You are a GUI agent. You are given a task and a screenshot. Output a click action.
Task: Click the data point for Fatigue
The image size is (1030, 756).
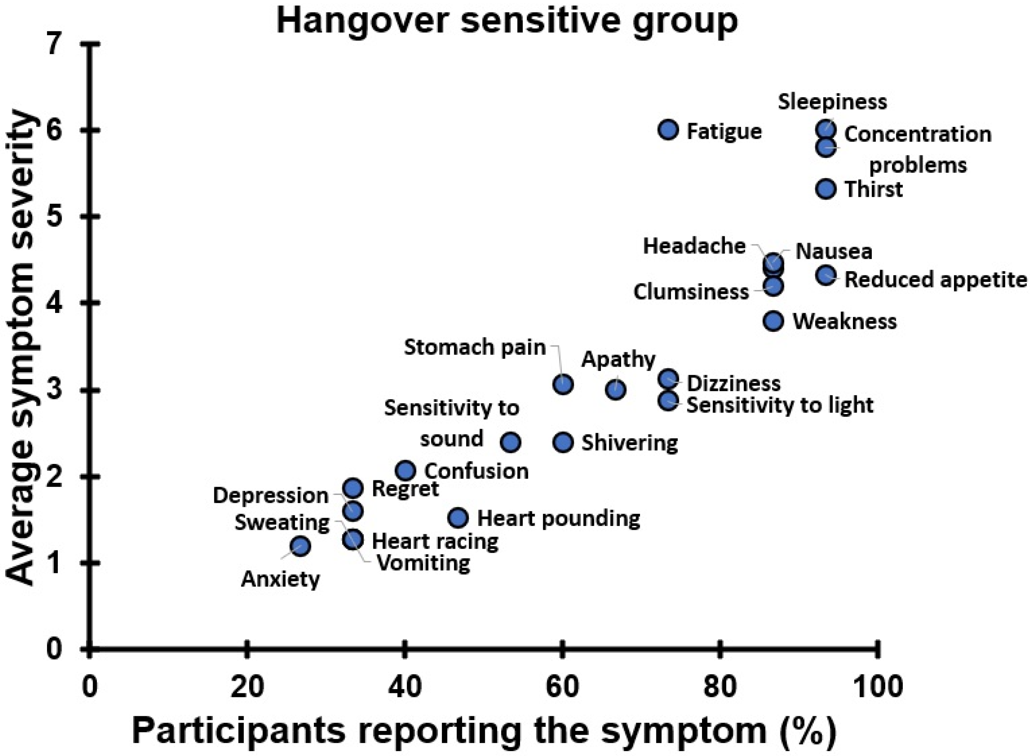point(669,130)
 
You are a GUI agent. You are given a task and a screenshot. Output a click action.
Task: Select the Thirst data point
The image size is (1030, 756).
point(826,189)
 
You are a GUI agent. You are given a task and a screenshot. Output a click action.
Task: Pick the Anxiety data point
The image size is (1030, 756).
point(300,546)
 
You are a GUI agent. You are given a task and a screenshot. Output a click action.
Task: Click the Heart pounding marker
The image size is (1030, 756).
point(458,518)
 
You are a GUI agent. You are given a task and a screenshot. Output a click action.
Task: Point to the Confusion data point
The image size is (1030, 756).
point(405,471)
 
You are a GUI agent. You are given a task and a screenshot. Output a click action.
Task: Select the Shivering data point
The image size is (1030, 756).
point(563,442)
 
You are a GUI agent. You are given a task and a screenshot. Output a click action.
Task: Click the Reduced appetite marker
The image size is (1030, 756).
point(826,275)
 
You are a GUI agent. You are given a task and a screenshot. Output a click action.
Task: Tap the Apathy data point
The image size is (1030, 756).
point(616,390)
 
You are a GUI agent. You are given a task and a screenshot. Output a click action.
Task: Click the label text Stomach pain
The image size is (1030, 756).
point(474,348)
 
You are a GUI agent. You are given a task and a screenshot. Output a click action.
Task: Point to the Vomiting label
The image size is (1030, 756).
point(423,563)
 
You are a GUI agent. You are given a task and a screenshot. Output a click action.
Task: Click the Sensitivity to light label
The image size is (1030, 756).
point(780,405)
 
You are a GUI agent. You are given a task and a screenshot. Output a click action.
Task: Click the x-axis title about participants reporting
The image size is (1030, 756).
point(484,731)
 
